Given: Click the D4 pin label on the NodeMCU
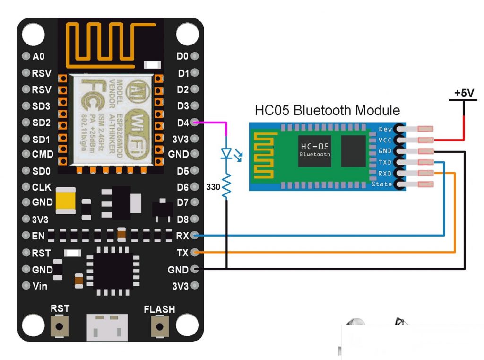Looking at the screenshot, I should (182, 123).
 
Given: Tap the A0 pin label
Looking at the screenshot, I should (38, 56).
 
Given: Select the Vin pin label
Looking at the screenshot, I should (40, 286).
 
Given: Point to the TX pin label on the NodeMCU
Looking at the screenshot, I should (182, 253).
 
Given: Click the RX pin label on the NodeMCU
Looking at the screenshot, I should (182, 235).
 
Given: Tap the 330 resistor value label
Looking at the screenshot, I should (214, 187).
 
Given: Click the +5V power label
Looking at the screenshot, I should (464, 93).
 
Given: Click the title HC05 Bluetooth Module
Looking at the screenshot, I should (327, 111).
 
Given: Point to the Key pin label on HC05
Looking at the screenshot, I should (385, 129).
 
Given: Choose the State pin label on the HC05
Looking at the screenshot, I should (382, 184).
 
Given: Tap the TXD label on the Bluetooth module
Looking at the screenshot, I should (385, 162).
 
